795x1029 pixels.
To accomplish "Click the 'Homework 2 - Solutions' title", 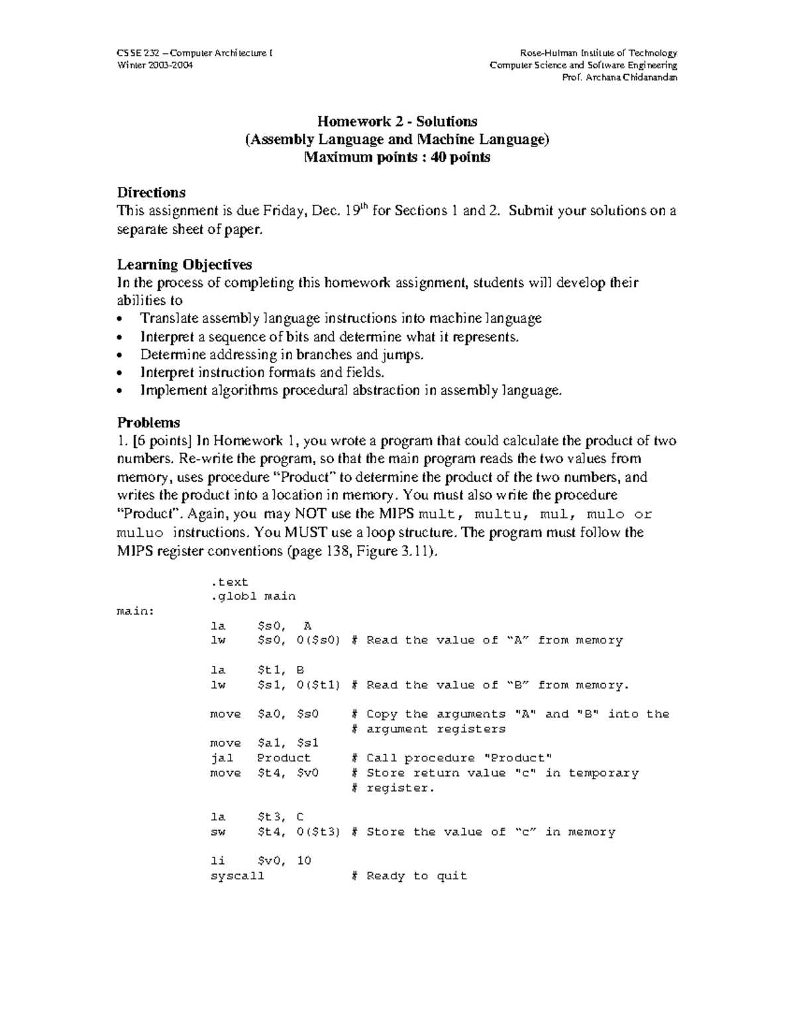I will [397, 121].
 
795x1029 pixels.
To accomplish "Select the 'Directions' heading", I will [151, 193].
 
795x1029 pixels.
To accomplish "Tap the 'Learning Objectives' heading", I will [184, 265].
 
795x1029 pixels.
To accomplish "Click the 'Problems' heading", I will [148, 423].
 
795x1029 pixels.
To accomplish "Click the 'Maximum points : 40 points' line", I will [397, 158].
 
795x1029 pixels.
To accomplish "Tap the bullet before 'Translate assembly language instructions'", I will [119, 319].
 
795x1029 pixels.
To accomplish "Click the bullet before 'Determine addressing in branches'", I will [119, 355].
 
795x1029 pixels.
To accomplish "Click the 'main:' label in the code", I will [135, 611].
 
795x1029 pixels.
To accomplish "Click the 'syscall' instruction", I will [237, 876].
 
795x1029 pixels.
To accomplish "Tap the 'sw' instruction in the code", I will [218, 832].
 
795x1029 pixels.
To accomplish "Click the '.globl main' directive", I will [252, 596].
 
